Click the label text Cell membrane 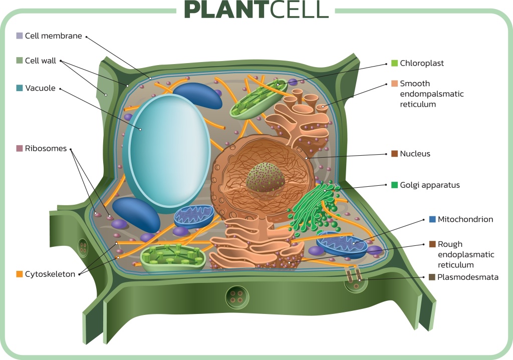(x=53, y=36)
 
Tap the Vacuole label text (x=40, y=88)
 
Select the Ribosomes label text (x=46, y=149)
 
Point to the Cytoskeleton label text (x=50, y=274)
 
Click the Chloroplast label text (x=422, y=64)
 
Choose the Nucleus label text (x=415, y=154)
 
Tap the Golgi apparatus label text (x=429, y=185)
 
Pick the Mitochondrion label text (x=465, y=219)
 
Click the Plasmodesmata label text (x=468, y=277)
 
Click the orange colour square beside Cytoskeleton (x=20, y=274)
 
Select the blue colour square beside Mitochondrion (x=432, y=219)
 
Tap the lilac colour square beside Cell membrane (x=20, y=36)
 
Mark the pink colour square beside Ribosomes (x=20, y=149)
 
